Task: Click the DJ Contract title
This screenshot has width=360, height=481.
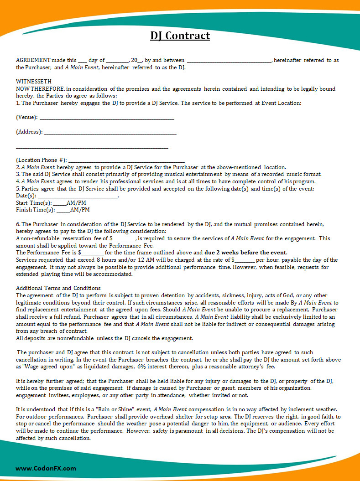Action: pos(180,36)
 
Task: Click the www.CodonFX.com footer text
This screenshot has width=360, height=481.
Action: pos(46,468)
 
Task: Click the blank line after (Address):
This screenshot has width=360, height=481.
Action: pos(110,133)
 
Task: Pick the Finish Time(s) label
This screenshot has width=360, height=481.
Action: pos(35,210)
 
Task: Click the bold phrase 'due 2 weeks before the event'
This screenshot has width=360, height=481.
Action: pos(245,253)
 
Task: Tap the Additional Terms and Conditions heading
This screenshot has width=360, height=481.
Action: pos(58,288)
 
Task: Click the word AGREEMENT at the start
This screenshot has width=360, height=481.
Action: pos(33,60)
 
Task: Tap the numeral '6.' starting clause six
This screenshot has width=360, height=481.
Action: pos(18,224)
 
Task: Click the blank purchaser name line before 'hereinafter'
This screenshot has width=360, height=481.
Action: pos(229,61)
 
